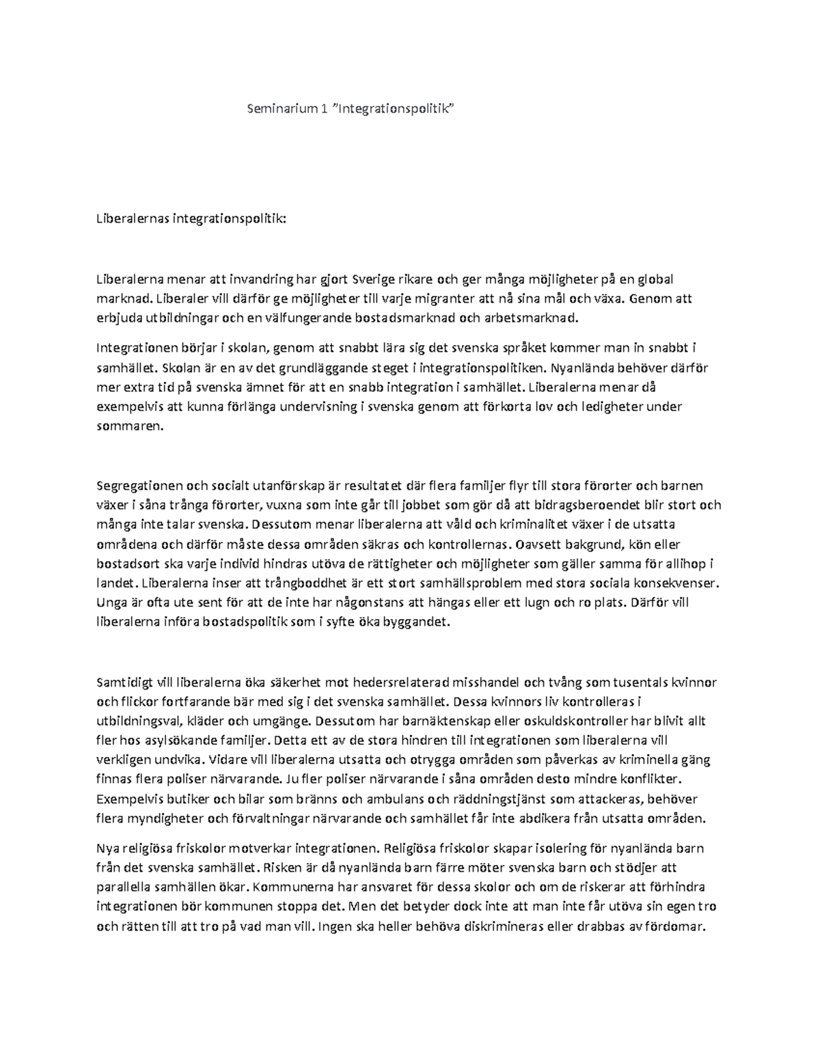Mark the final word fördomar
pos(676,927)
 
